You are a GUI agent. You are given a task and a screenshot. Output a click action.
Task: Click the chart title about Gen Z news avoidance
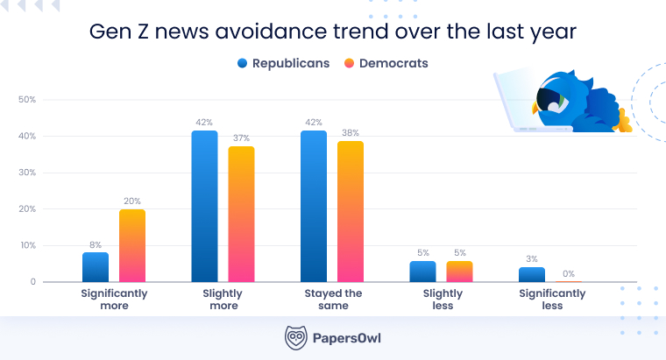point(333,32)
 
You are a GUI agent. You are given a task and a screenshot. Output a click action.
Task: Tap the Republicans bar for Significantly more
point(96,267)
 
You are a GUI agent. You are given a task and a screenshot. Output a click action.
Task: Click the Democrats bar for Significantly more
point(132,246)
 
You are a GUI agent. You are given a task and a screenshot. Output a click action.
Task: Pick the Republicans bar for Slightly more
point(204,207)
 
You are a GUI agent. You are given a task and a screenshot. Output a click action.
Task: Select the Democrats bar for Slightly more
point(241,215)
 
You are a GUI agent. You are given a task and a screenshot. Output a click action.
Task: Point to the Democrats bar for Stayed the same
point(351,212)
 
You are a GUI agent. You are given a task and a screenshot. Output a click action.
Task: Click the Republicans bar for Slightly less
point(422,272)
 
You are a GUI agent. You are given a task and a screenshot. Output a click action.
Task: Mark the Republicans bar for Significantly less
point(531,274)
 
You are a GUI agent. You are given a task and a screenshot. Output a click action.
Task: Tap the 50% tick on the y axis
point(27,100)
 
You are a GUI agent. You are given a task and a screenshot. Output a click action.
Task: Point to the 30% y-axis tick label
point(27,173)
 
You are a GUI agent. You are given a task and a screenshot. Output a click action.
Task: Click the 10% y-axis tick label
point(27,245)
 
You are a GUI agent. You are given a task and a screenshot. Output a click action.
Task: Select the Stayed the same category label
point(333,299)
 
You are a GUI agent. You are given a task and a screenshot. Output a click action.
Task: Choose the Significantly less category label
point(552,299)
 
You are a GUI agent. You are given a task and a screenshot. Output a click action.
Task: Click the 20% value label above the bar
point(132,201)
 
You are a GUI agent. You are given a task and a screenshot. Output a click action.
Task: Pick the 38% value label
point(351,132)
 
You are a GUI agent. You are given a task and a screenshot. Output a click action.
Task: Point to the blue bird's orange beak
point(535,107)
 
